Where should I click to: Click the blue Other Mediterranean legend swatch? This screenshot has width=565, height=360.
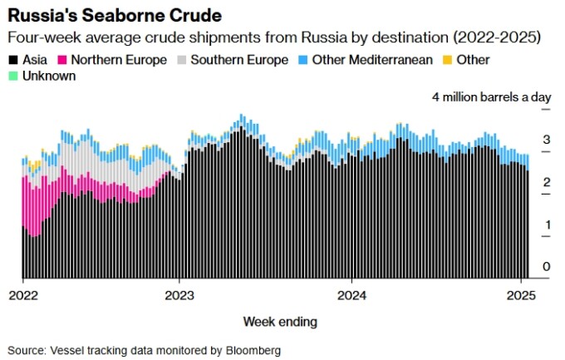pyautogui.click(x=303, y=60)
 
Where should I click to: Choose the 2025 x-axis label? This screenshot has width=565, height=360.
pyautogui.click(x=521, y=294)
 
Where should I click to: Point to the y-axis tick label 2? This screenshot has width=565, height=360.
pyautogui.click(x=547, y=182)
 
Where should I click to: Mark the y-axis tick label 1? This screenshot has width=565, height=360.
pyautogui.click(x=547, y=224)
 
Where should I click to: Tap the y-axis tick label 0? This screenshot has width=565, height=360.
pyautogui.click(x=547, y=267)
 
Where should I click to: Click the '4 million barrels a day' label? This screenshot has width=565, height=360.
pyautogui.click(x=491, y=97)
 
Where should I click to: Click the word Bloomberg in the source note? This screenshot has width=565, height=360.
pyautogui.click(x=253, y=350)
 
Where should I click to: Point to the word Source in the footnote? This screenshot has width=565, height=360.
pyautogui.click(x=25, y=350)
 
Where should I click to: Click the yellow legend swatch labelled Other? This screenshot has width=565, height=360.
pyautogui.click(x=447, y=60)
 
